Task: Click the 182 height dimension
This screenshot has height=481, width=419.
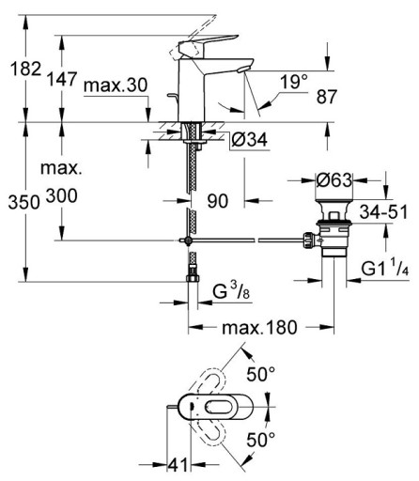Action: [26, 69]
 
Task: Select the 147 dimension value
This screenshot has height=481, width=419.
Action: [62, 79]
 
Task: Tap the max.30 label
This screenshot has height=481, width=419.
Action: [116, 85]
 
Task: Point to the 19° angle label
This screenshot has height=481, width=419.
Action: [294, 82]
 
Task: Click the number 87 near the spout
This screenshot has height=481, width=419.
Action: [327, 97]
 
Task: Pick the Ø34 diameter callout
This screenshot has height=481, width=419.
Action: [250, 139]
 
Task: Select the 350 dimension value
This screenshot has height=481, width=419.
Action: [24, 202]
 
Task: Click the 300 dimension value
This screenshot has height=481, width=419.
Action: [62, 196]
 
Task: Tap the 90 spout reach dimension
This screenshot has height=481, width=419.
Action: [218, 201]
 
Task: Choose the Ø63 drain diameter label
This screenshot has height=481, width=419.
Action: [334, 180]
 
